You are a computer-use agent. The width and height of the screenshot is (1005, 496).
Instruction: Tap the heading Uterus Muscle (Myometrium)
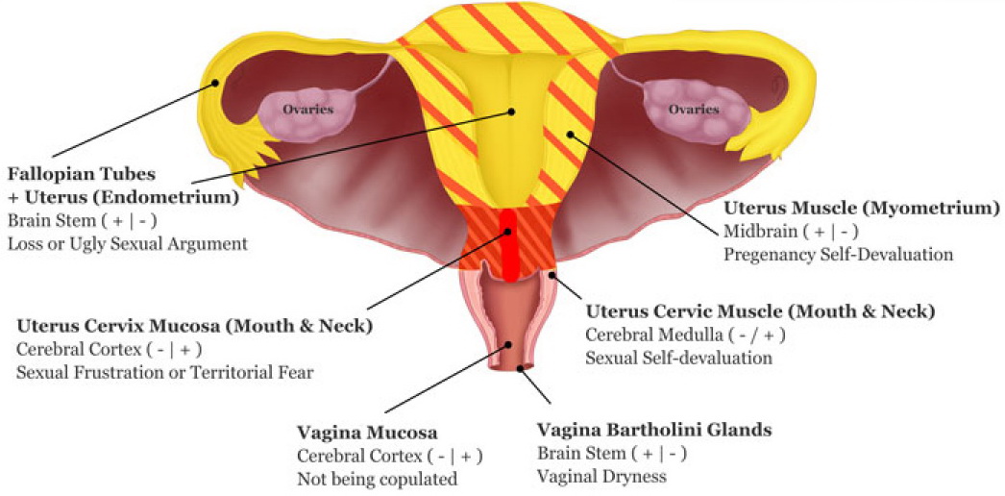point(861,208)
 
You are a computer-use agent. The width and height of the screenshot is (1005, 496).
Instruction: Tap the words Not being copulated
point(377,478)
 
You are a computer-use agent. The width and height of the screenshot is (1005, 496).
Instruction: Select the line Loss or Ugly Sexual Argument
point(127,243)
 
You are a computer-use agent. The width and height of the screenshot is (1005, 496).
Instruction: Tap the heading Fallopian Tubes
point(80,175)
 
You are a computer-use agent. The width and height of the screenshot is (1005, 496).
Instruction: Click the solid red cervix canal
point(507,245)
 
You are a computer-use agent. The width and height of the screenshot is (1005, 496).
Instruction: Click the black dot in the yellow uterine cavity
point(512,112)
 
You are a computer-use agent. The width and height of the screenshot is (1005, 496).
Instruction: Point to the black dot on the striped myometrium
point(570,135)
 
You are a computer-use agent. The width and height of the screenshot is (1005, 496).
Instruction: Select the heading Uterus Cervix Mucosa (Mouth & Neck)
point(194,326)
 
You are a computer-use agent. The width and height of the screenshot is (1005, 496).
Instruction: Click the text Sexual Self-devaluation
point(679,358)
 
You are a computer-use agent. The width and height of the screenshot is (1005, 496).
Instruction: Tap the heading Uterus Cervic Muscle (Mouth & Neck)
point(760,311)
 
